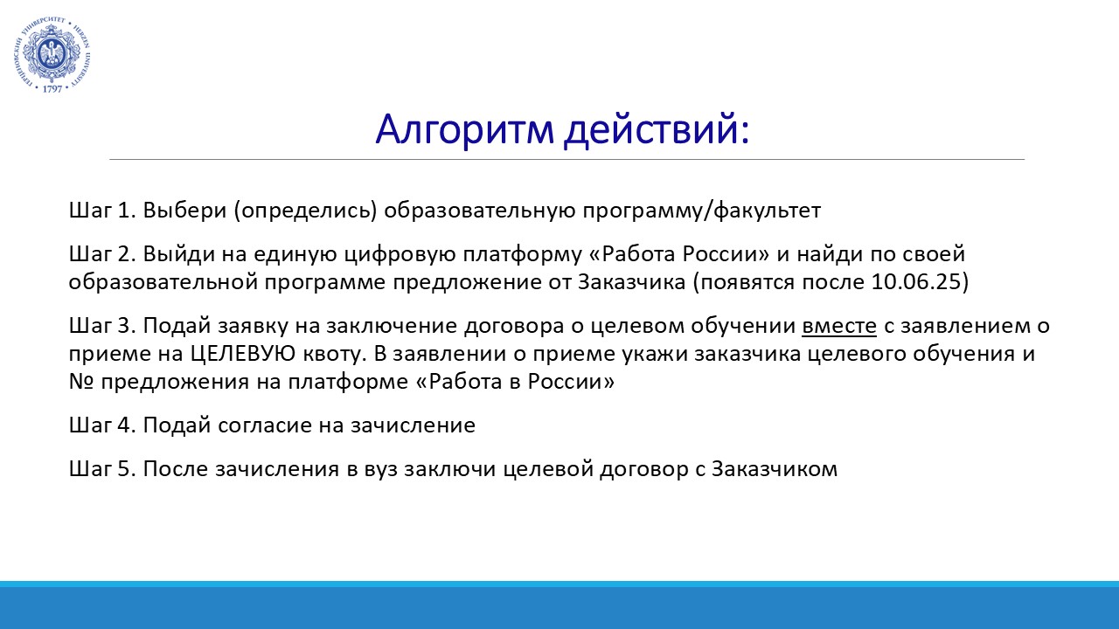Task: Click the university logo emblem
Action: coord(52,55)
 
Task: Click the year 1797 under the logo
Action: coord(52,89)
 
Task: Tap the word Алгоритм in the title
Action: coord(464,129)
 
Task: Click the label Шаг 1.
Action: coord(102,211)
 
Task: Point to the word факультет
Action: coord(767,211)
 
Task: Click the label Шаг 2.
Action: coord(102,254)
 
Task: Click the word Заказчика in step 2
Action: coord(632,282)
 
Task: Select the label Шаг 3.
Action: coord(102,326)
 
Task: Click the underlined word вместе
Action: coord(839,327)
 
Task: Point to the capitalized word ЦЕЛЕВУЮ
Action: coord(243,355)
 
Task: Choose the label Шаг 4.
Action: coord(102,425)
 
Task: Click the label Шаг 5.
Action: coord(102,469)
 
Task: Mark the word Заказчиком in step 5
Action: coord(775,469)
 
